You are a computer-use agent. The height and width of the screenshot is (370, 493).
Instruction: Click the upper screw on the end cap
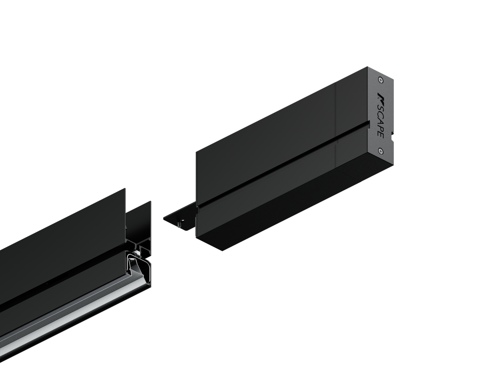(381, 80)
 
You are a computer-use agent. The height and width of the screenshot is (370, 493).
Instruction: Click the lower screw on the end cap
(381, 152)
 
